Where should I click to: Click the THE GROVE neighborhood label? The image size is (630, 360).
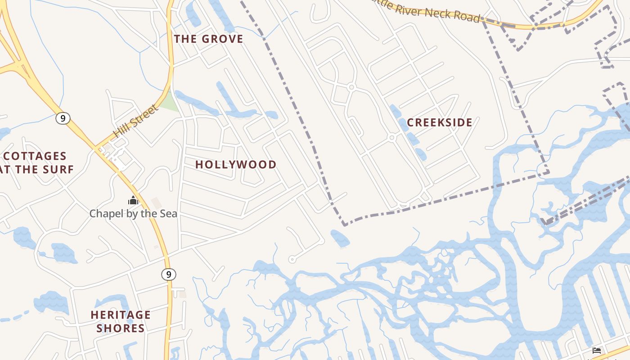coord(208,39)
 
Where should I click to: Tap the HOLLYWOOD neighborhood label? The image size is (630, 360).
coord(236,165)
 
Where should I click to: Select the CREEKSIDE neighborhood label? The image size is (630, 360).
coord(440,122)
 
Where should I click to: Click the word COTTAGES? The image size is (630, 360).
coord(35,157)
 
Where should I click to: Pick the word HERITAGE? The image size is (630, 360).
coord(121,315)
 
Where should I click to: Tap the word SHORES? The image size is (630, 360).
coord(121,328)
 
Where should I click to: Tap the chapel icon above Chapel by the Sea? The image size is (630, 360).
coord(133,200)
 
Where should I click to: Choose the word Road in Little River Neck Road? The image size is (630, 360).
coord(468,17)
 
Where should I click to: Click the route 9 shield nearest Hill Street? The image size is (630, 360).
coord(63,118)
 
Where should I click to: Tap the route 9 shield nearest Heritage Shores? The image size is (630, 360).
coord(169,274)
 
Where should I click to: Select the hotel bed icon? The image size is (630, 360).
coord(597,351)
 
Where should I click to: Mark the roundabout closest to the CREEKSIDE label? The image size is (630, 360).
coord(392,137)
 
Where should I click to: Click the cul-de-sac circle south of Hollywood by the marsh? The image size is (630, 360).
coord(292,259)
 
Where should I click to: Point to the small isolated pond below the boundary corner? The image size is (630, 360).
coord(340,238)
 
